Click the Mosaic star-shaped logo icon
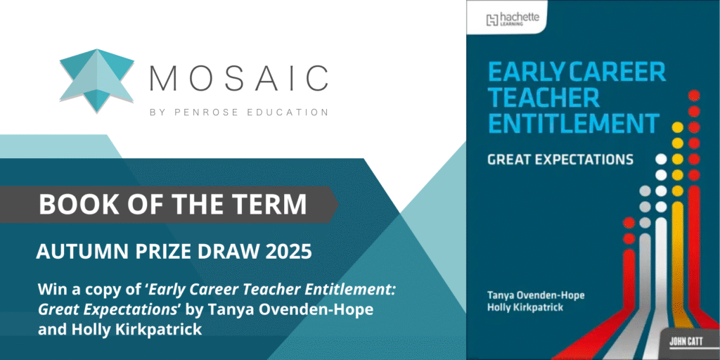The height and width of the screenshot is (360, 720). (96, 79)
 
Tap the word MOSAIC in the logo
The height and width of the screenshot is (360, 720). (239, 79)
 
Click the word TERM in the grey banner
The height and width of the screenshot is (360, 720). (270, 205)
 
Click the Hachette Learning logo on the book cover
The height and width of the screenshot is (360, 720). (513, 19)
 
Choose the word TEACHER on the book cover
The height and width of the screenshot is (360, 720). (544, 97)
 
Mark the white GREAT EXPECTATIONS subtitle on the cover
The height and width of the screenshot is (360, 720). (560, 160)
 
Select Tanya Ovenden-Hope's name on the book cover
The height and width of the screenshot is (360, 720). (536, 295)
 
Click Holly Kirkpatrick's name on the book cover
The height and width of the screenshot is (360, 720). (525, 307)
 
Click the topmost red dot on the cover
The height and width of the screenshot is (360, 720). (694, 96)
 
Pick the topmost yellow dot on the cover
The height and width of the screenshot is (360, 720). (677, 127)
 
